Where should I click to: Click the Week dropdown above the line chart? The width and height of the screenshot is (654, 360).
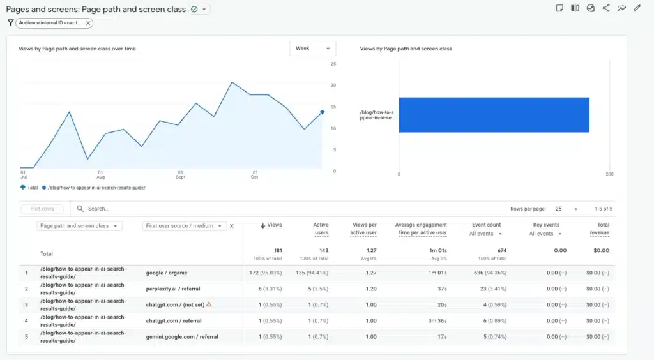(x=312, y=49)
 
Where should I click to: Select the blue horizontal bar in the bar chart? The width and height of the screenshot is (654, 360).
(x=494, y=115)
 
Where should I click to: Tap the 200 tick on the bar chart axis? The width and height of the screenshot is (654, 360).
(x=609, y=174)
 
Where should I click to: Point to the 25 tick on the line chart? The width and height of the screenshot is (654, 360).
(x=333, y=64)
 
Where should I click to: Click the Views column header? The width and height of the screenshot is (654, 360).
(x=271, y=225)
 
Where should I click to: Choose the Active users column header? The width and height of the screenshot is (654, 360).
(x=321, y=228)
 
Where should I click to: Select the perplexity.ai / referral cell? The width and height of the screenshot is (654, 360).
(x=172, y=289)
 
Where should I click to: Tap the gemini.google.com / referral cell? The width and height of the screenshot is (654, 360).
(x=182, y=336)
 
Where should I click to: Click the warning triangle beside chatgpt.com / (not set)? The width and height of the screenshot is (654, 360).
(x=209, y=304)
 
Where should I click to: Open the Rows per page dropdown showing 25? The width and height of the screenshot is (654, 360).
(x=566, y=209)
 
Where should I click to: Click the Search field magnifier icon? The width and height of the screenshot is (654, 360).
(x=80, y=209)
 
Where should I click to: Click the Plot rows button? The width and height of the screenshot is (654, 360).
(x=42, y=209)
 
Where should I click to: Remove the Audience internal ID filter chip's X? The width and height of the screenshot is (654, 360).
(x=88, y=23)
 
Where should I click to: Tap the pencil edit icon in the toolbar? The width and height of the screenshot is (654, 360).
(x=637, y=8)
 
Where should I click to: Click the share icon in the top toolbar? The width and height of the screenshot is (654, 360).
(x=606, y=8)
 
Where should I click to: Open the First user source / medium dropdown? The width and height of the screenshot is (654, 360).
(x=185, y=226)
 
